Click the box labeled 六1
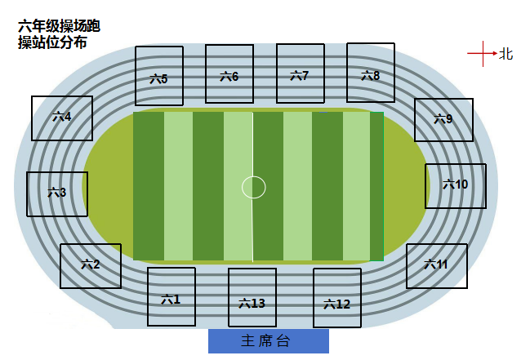click(171, 297)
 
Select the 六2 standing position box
click(91, 266)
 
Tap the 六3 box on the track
click(57, 194)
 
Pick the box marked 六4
click(62, 118)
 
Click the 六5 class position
click(159, 76)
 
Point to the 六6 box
click(229, 73)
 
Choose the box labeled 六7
click(301, 73)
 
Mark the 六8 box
click(371, 73)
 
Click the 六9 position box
click(443, 120)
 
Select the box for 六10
click(456, 186)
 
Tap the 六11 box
click(437, 266)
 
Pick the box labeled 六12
click(337, 298)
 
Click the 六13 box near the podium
click(252, 297)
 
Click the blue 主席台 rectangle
click(269, 341)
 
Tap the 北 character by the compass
click(506, 54)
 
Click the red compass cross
click(483, 53)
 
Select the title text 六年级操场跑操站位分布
click(59, 34)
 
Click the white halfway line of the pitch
click(252, 187)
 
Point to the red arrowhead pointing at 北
click(495, 53)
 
